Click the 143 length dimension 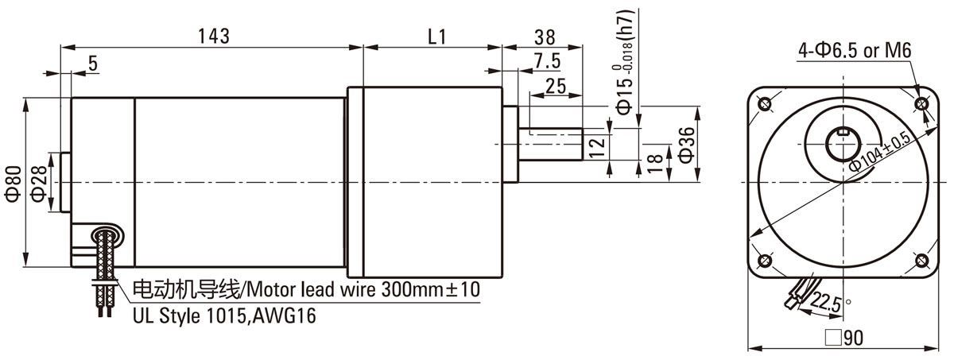[x=213, y=36]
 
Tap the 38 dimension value [x=545, y=36]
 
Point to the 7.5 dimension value [x=548, y=60]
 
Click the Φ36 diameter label [x=688, y=145]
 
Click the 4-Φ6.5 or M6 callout [x=855, y=52]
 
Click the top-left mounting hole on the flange [x=766, y=104]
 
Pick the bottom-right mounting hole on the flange [x=922, y=261]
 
